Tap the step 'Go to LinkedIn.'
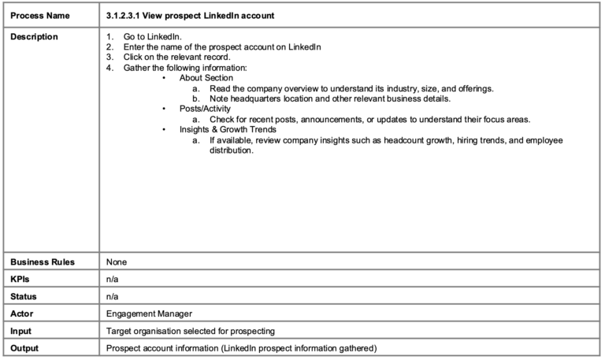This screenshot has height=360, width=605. click(x=152, y=37)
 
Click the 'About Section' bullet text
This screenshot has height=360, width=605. click(x=206, y=78)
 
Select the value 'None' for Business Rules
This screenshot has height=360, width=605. click(x=117, y=262)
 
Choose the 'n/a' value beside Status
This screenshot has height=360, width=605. click(x=113, y=296)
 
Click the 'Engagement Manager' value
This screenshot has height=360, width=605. click(x=149, y=314)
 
